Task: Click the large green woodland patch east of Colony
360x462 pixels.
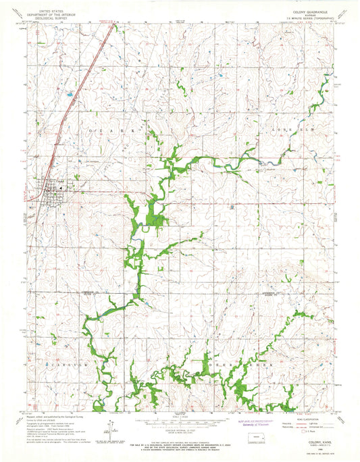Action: point(157,216)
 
